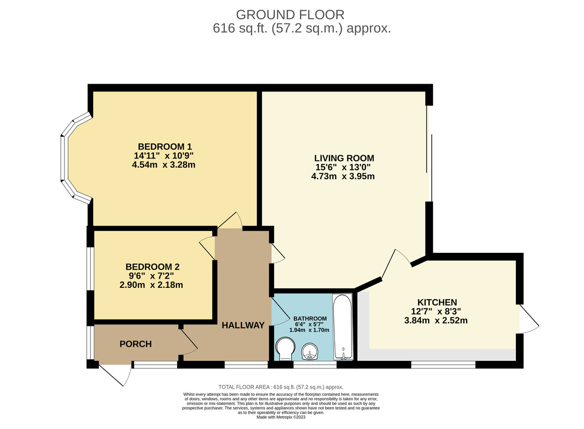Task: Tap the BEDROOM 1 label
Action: (x=165, y=146)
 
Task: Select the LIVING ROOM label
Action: (x=344, y=158)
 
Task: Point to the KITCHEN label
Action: (x=437, y=302)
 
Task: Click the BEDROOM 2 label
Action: (x=152, y=267)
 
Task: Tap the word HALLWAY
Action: (x=243, y=325)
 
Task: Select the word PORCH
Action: (x=135, y=344)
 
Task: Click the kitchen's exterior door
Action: (x=529, y=319)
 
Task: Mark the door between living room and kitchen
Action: (x=395, y=265)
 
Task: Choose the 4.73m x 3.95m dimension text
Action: (x=343, y=177)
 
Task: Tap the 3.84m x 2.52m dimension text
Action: (x=437, y=321)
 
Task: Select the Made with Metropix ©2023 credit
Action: (x=281, y=417)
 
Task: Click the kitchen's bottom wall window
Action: (x=443, y=364)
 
